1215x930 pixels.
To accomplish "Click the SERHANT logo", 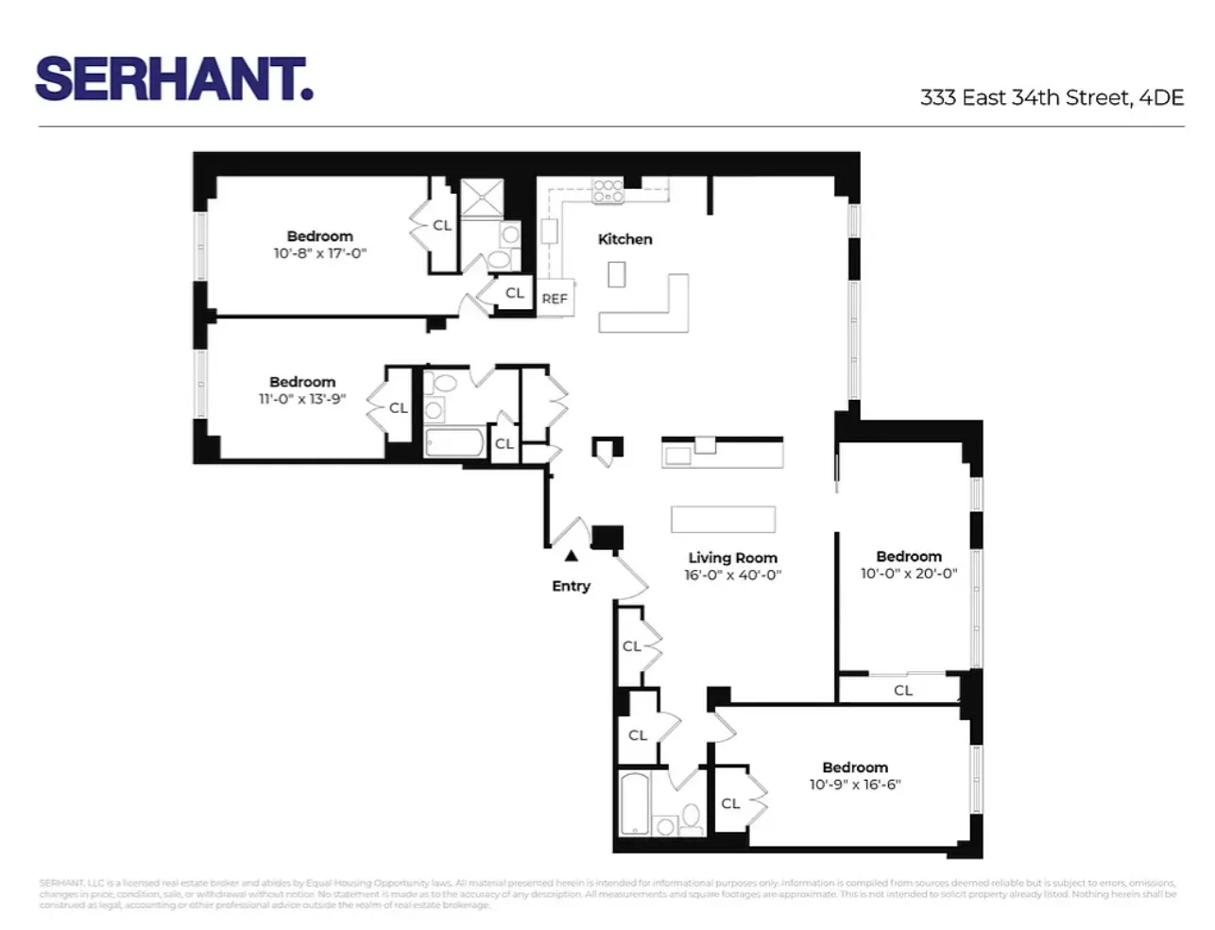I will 174,79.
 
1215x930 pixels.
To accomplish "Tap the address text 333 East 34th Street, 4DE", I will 1052,97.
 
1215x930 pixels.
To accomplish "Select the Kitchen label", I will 625,239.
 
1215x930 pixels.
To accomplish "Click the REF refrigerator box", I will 555,299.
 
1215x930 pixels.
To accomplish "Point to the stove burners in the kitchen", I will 607,192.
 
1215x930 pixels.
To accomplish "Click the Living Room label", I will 732,558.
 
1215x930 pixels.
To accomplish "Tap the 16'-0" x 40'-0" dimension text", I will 732,575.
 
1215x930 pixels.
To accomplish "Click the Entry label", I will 571,586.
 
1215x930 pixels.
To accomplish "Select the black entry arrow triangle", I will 571,556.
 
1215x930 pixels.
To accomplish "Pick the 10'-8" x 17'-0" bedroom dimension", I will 319,253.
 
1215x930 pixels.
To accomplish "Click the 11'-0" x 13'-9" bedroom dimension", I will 301,399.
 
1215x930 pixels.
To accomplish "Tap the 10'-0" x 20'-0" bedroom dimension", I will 908,574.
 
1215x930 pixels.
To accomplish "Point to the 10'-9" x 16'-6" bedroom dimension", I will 854,784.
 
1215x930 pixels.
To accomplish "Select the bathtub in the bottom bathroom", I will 634,803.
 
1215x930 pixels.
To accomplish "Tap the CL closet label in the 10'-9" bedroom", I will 730,803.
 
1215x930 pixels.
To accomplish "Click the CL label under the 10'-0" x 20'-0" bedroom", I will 902,690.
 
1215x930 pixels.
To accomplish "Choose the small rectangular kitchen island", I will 616,273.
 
